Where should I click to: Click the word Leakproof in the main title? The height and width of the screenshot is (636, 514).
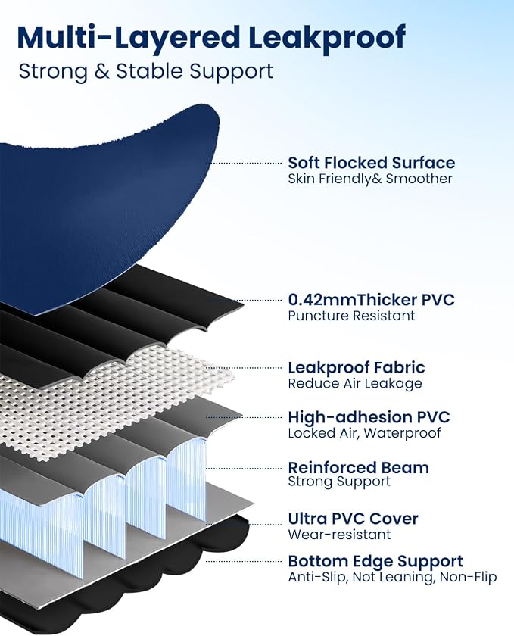326,38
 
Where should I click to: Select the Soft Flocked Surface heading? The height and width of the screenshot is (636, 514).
371,163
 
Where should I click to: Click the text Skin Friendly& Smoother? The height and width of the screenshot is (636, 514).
370,179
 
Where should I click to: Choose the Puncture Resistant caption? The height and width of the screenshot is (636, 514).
352,316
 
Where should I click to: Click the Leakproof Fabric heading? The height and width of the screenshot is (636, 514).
357,367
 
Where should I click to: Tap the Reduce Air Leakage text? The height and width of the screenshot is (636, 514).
355,384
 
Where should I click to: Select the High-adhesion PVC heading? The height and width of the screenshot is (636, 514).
369,417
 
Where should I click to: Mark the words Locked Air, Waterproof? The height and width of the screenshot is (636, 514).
364,433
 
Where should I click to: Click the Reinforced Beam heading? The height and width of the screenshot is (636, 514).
359,468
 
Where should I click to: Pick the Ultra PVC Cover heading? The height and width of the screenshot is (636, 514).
353,519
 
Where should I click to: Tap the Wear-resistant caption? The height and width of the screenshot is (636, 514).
340,535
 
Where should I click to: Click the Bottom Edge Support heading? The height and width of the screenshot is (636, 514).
375,561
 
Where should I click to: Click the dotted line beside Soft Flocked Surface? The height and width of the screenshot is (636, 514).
246,163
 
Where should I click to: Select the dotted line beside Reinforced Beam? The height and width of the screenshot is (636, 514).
244,469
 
